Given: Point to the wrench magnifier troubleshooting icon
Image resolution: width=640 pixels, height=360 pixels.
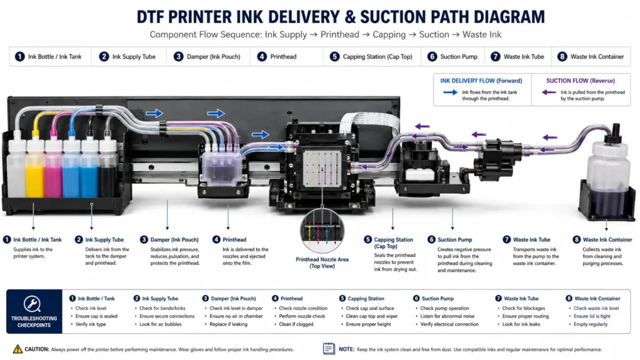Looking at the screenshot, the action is click(32, 303).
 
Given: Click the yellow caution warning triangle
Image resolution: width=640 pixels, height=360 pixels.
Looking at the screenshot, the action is click(17, 349).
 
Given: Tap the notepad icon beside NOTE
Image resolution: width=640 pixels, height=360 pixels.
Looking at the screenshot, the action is click(329, 349).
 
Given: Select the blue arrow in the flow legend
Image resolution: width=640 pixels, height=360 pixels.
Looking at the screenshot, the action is click(450, 92).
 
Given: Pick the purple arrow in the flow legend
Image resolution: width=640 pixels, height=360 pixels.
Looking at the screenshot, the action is click(549, 92).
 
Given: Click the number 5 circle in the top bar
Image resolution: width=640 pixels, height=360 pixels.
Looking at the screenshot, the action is click(334, 57).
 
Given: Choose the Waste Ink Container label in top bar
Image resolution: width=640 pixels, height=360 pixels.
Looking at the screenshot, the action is click(597, 57).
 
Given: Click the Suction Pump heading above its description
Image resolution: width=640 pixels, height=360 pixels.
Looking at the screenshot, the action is click(455, 239).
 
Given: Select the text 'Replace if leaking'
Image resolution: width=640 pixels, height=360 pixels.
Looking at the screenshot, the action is click(228, 324).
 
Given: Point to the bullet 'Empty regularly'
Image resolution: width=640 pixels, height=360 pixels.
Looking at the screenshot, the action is click(590, 324).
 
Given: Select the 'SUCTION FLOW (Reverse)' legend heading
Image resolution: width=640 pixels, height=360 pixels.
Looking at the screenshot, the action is click(581, 81).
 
